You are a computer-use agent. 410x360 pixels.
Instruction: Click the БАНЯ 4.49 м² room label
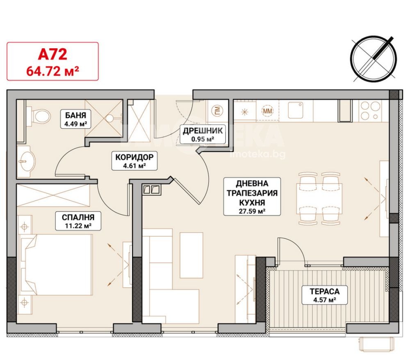(x=75, y=119)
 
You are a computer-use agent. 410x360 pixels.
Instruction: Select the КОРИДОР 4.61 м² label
(x=134, y=161)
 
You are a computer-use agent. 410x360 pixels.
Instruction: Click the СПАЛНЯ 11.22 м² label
(x=78, y=221)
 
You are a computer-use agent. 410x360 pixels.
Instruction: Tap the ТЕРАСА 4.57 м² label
(x=324, y=295)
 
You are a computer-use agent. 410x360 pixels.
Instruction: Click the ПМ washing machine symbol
(x=217, y=111)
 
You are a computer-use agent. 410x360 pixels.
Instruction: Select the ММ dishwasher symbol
(x=267, y=111)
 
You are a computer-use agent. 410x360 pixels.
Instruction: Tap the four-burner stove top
(x=370, y=111)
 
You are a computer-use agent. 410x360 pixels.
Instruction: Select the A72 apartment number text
(x=52, y=54)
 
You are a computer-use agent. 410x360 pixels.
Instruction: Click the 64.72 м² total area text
(x=52, y=71)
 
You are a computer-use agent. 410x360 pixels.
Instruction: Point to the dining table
(x=319, y=198)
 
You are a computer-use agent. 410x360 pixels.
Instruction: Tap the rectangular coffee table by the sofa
(x=191, y=255)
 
